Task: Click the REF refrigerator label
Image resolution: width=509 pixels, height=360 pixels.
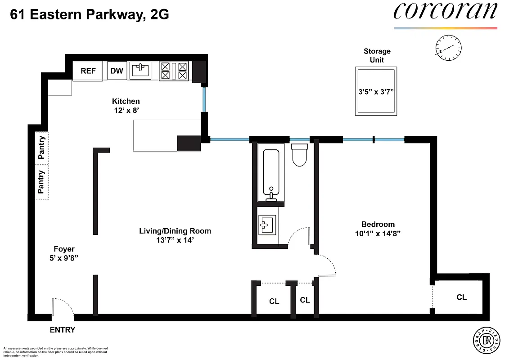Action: click(88, 71)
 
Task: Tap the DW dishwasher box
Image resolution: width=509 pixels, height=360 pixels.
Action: click(117, 71)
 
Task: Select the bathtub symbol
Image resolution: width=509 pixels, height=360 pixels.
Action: click(271, 172)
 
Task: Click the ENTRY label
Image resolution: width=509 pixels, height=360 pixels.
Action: click(62, 330)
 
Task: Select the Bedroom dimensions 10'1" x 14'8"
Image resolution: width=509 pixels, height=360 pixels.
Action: click(378, 234)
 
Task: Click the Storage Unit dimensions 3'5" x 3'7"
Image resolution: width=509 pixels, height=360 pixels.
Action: click(376, 92)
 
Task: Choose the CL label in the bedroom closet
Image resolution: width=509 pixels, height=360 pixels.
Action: click(461, 297)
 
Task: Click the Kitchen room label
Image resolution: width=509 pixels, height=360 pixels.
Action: click(126, 101)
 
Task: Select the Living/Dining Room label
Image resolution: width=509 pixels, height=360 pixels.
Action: click(175, 231)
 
